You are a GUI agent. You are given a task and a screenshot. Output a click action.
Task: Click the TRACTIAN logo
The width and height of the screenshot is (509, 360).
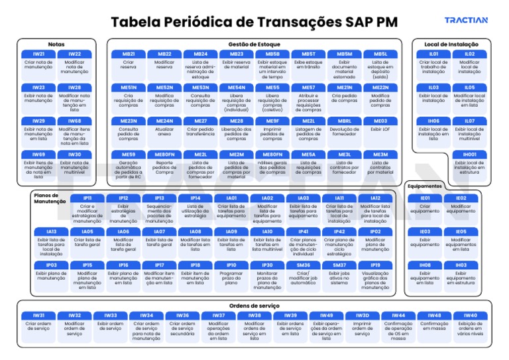point(465,21)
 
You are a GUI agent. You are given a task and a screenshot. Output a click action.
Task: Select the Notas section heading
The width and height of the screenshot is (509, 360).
point(56,44)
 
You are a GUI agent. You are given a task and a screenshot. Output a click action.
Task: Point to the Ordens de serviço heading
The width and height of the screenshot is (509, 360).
point(254,305)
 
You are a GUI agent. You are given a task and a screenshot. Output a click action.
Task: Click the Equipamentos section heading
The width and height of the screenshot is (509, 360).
point(425,186)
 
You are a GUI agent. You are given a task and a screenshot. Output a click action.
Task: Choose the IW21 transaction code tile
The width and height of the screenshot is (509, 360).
point(38,54)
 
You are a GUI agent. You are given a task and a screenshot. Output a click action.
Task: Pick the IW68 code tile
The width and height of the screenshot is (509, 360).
point(74,121)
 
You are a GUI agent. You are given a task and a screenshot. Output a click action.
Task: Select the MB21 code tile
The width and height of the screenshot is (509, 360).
point(129,54)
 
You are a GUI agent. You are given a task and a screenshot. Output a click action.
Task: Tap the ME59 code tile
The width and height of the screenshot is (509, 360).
point(129,154)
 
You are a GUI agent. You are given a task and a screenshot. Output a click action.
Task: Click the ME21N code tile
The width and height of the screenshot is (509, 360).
point(345,88)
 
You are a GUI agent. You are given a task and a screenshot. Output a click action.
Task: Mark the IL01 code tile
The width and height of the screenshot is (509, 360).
point(433,54)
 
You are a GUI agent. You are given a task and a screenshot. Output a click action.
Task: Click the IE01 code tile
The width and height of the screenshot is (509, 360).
point(425,198)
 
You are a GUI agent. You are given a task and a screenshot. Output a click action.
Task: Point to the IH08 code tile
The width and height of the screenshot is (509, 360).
point(425,265)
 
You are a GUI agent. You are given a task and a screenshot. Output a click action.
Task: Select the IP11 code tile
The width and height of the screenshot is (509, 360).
point(87,198)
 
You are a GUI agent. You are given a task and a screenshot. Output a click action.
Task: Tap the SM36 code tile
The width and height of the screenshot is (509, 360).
point(304,265)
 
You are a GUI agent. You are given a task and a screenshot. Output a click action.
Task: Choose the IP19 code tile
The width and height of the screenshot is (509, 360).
point(375,265)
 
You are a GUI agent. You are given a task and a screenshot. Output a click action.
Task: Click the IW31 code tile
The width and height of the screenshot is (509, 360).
point(38,316)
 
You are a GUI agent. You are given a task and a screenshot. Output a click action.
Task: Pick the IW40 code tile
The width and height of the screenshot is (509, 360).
point(471,316)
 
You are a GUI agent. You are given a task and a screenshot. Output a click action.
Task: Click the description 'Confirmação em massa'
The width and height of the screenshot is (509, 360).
point(435,326)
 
